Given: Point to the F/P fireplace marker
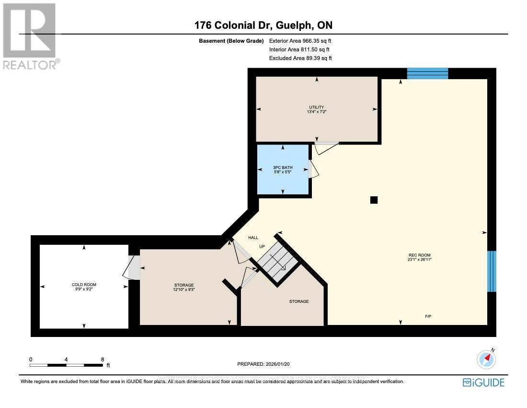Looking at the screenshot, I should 428,316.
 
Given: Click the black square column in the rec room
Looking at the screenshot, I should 374,200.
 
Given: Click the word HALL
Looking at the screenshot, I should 253,238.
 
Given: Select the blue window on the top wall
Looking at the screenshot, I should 427,73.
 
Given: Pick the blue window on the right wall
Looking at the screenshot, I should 492,271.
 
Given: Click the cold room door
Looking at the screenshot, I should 132,267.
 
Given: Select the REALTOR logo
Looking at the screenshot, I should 30,36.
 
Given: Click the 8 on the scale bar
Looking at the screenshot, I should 103,359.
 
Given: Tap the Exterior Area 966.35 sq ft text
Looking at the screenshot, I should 300,41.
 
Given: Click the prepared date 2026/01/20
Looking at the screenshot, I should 263,364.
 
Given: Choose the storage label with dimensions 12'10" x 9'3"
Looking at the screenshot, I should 184,288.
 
